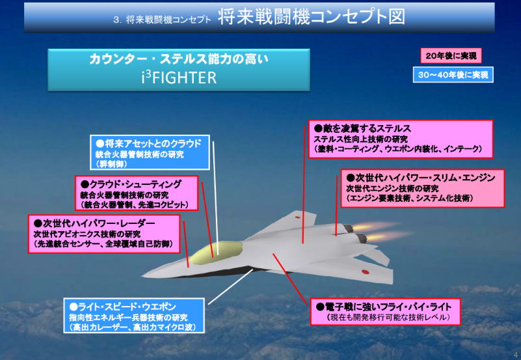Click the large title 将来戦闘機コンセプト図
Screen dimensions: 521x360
[312, 17]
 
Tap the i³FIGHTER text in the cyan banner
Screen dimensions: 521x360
[179, 77]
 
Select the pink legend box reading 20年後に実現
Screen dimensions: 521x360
[451, 56]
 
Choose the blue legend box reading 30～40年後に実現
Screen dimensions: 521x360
[453, 75]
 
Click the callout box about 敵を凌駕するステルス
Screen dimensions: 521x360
[401, 139]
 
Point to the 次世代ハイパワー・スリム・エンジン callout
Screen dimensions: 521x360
[423, 189]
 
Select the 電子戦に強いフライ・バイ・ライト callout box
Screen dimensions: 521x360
[386, 312]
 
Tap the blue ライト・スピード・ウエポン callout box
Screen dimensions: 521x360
[134, 316]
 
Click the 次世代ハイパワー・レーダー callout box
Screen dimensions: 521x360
[104, 234]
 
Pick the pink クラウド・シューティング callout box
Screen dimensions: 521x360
[137, 193]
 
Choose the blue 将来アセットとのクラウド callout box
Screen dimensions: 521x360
[150, 152]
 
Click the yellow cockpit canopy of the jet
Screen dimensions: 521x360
[217, 253]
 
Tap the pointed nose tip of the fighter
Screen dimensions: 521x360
[142, 276]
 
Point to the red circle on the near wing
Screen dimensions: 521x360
[365, 272]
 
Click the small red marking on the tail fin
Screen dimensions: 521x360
[297, 217]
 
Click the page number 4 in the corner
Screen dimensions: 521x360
[516, 354]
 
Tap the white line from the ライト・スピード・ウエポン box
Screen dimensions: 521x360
[230, 286]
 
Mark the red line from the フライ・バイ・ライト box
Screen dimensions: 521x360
[289, 279]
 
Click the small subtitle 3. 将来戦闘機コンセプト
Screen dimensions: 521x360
[162, 20]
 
